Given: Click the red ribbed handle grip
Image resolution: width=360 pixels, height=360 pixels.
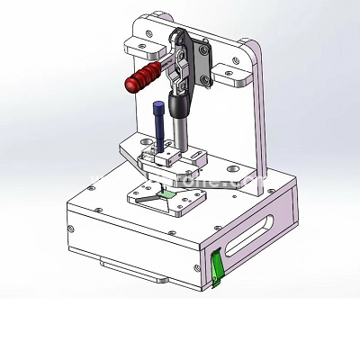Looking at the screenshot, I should (145, 77).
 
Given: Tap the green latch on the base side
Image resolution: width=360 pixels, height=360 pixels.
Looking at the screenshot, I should (216, 266).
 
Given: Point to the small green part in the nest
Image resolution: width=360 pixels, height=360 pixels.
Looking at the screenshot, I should (166, 193).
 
